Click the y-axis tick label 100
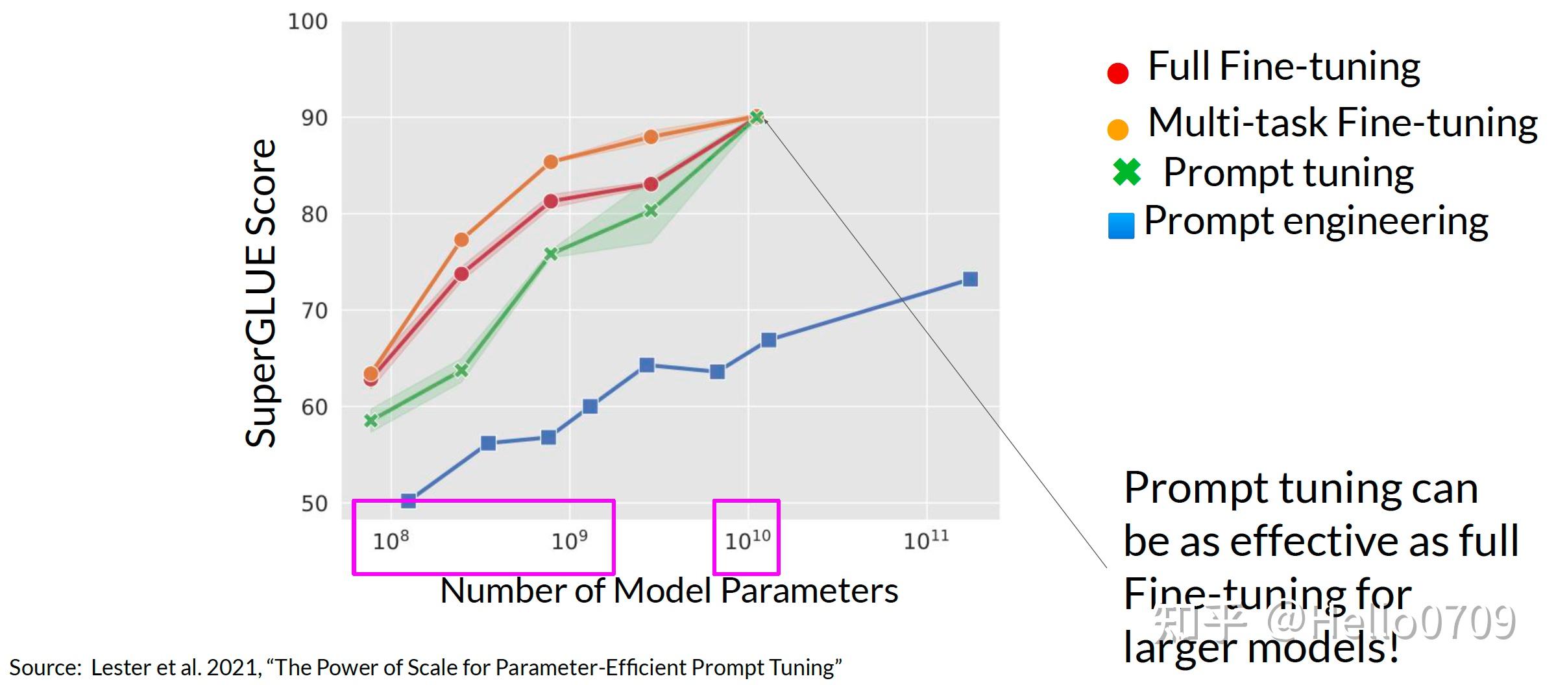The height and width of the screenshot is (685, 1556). point(308,22)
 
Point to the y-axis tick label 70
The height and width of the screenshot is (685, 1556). point(314,311)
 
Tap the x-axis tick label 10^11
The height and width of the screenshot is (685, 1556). point(926,540)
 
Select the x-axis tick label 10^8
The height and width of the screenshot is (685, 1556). point(391,540)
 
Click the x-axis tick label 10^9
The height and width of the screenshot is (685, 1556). point(569,540)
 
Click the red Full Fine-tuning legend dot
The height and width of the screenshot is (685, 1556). point(1118,73)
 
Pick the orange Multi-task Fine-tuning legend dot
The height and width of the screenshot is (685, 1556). point(1118,129)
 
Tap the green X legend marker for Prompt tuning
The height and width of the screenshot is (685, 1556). point(1126,172)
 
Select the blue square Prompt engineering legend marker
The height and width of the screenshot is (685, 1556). point(1121,226)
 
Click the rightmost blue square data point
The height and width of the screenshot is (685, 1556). point(970,280)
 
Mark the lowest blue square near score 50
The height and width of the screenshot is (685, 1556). point(408,500)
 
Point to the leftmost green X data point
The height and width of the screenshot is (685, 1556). point(371,420)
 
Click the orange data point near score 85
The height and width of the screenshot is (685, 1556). point(550,162)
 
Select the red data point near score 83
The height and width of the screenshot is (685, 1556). point(651,184)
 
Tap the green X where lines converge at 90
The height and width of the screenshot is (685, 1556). point(756,117)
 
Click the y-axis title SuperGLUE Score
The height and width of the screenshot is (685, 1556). point(261,293)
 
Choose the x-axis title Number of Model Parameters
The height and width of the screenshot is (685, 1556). point(669,591)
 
